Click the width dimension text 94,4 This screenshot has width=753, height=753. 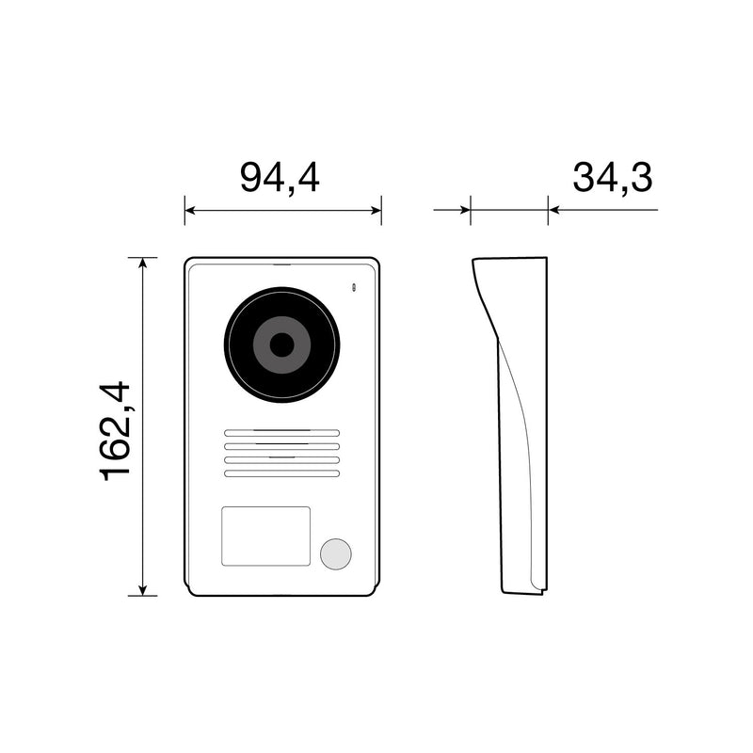pyautogui.click(x=280, y=177)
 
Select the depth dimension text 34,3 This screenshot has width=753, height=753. pyautogui.click(x=612, y=177)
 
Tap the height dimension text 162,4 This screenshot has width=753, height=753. pyautogui.click(x=118, y=430)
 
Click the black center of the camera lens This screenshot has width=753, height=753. pyautogui.click(x=281, y=344)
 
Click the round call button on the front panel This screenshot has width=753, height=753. pyautogui.click(x=334, y=554)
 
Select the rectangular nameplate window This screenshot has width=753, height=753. pyautogui.click(x=265, y=536)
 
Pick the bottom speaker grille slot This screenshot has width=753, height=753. pyautogui.click(x=281, y=473)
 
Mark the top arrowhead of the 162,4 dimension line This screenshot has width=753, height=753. pyautogui.click(x=142, y=264)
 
